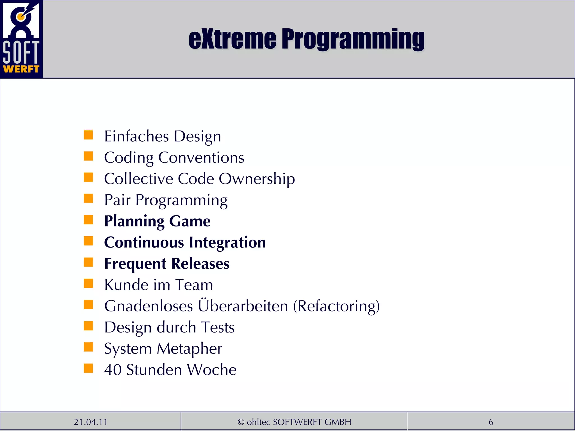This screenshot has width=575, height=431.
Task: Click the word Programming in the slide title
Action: click(x=353, y=39)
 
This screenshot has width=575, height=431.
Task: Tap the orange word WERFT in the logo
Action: click(x=21, y=69)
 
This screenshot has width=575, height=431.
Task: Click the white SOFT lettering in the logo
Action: click(x=21, y=52)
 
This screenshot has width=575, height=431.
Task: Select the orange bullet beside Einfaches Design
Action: click(x=88, y=135)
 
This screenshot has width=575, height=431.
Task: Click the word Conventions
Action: click(x=201, y=157)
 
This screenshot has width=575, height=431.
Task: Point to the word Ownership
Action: click(x=257, y=179)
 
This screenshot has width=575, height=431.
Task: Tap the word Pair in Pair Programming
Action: click(x=117, y=200)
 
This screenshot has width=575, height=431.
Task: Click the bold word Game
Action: click(x=190, y=221)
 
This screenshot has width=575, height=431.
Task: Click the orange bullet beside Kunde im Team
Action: click(x=88, y=283)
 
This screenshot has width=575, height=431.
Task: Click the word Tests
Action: click(x=218, y=327)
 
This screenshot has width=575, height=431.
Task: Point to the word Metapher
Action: click(x=189, y=349)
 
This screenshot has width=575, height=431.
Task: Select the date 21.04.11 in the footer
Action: click(x=91, y=422)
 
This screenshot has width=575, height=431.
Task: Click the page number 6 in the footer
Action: click(x=491, y=422)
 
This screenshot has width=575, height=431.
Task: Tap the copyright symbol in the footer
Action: click(x=241, y=422)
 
